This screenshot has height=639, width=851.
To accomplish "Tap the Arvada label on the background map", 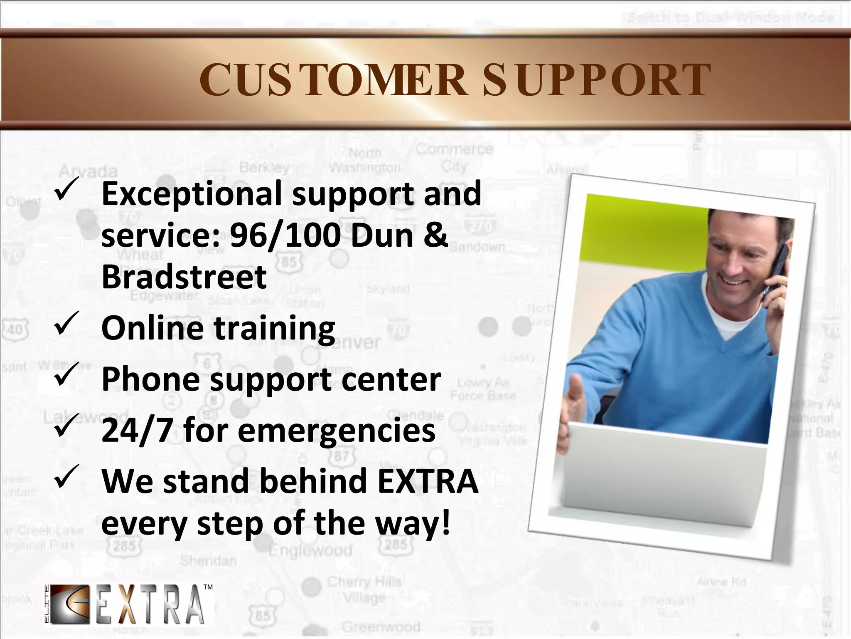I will click(88, 171).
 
